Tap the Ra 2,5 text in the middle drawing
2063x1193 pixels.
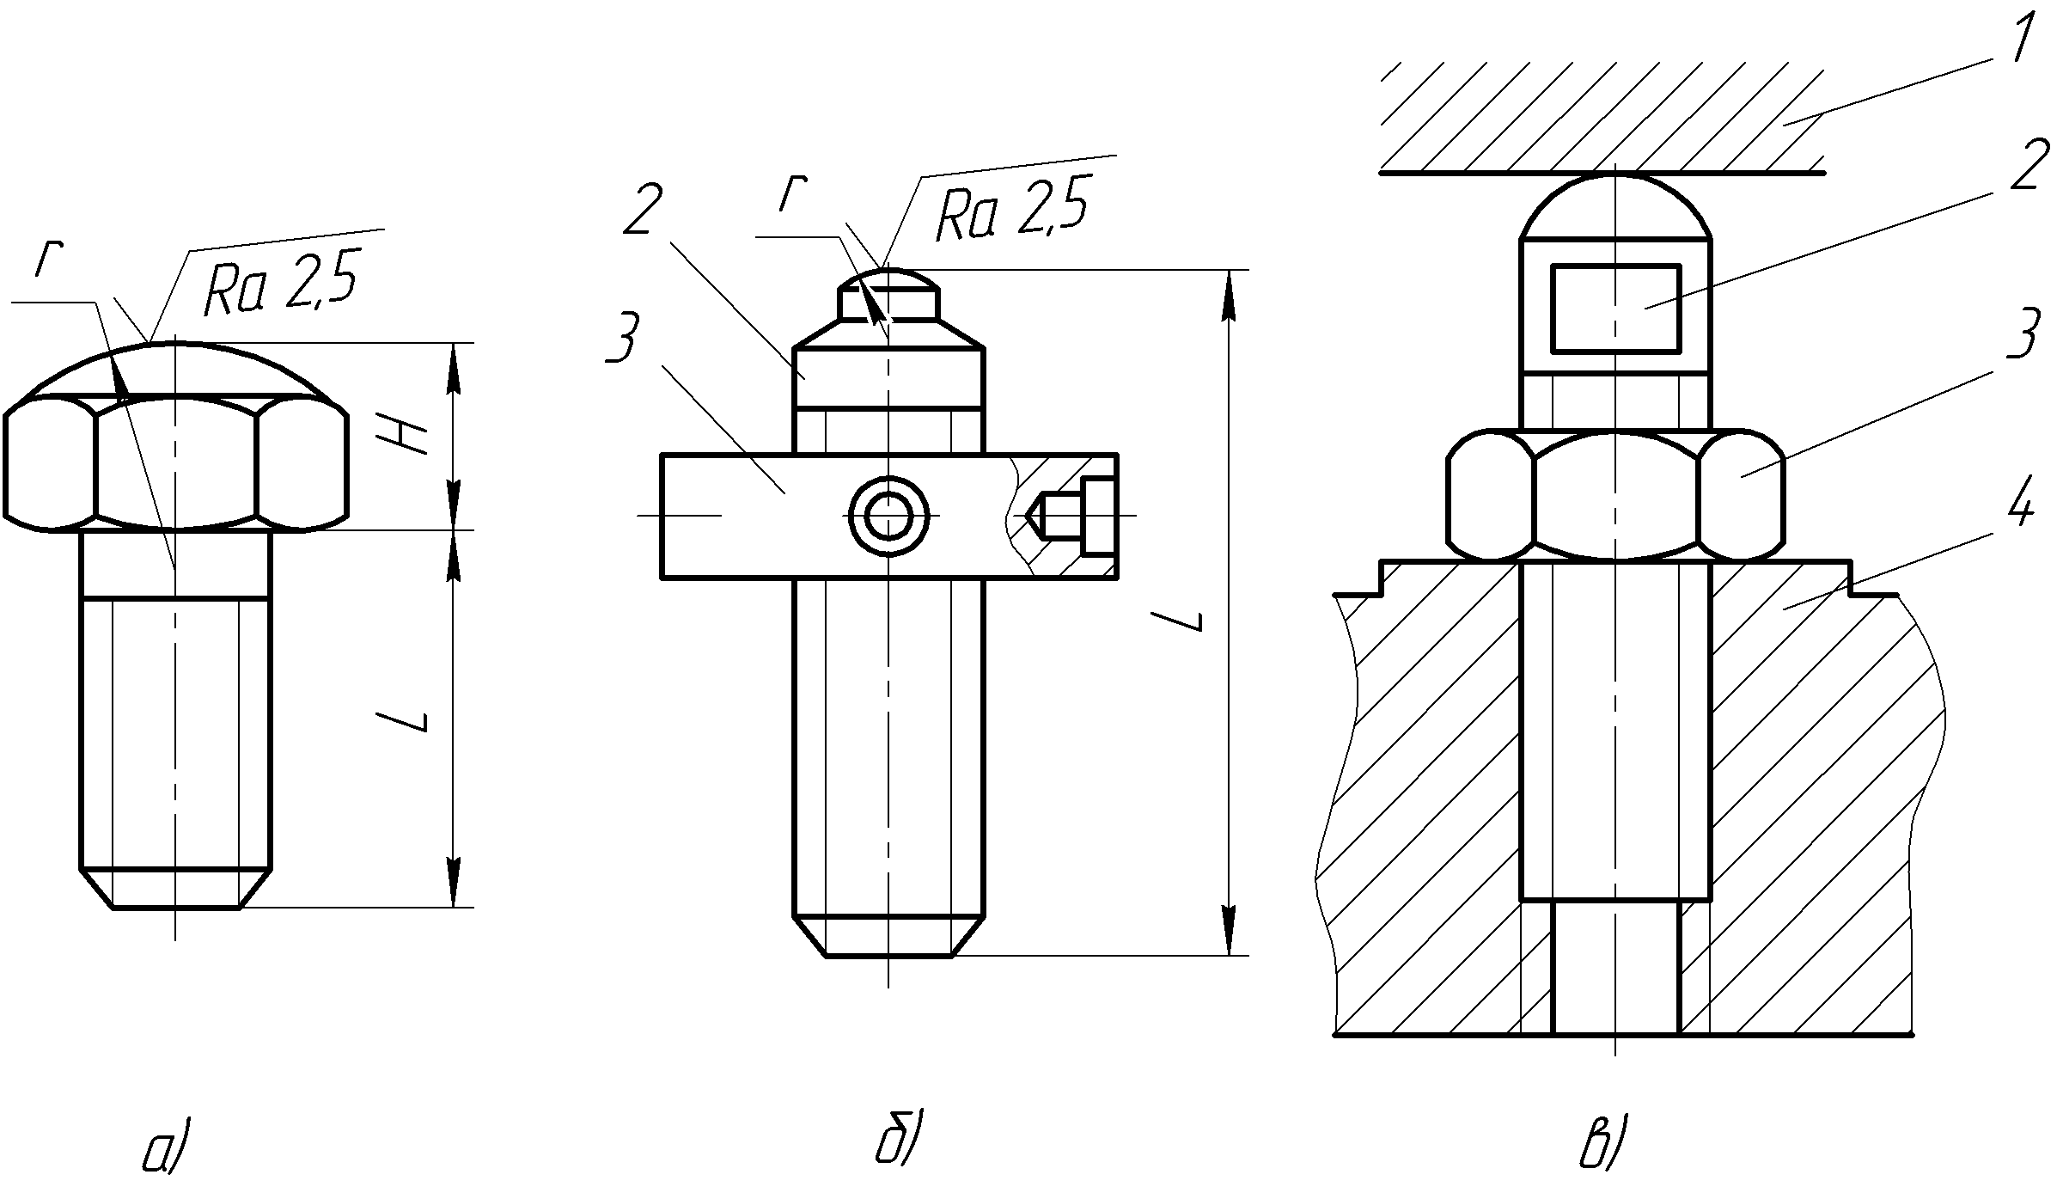(x=1010, y=209)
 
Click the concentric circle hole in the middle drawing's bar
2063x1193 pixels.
(x=889, y=516)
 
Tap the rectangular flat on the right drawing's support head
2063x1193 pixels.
(x=1615, y=309)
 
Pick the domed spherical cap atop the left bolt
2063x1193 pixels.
(x=176, y=369)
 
